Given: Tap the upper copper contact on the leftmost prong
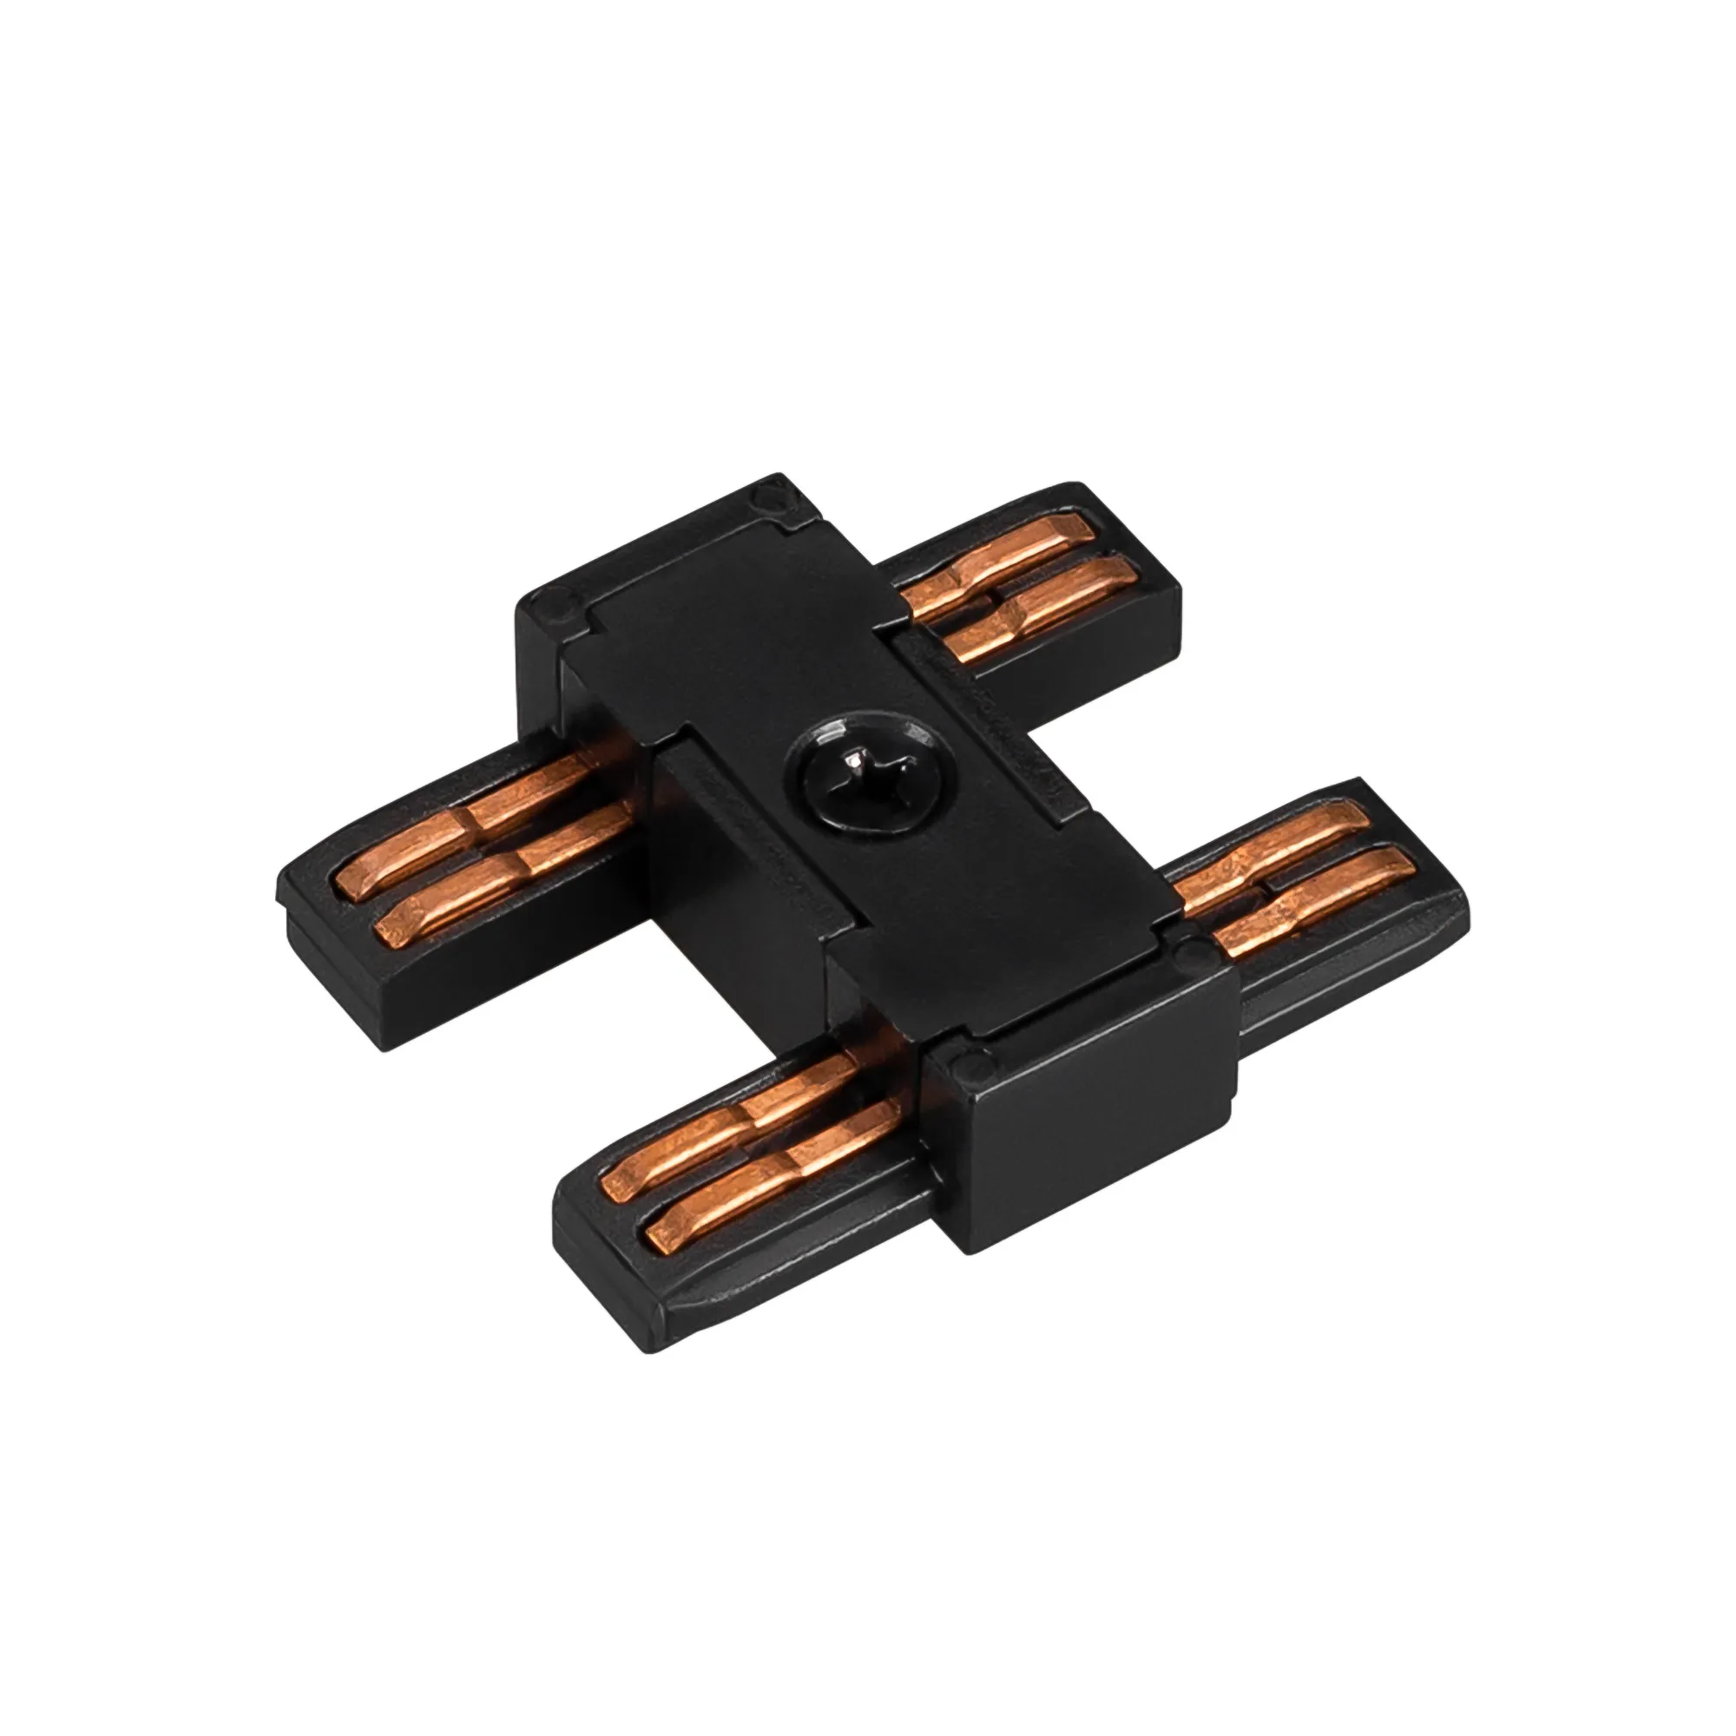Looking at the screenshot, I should (467, 806).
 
